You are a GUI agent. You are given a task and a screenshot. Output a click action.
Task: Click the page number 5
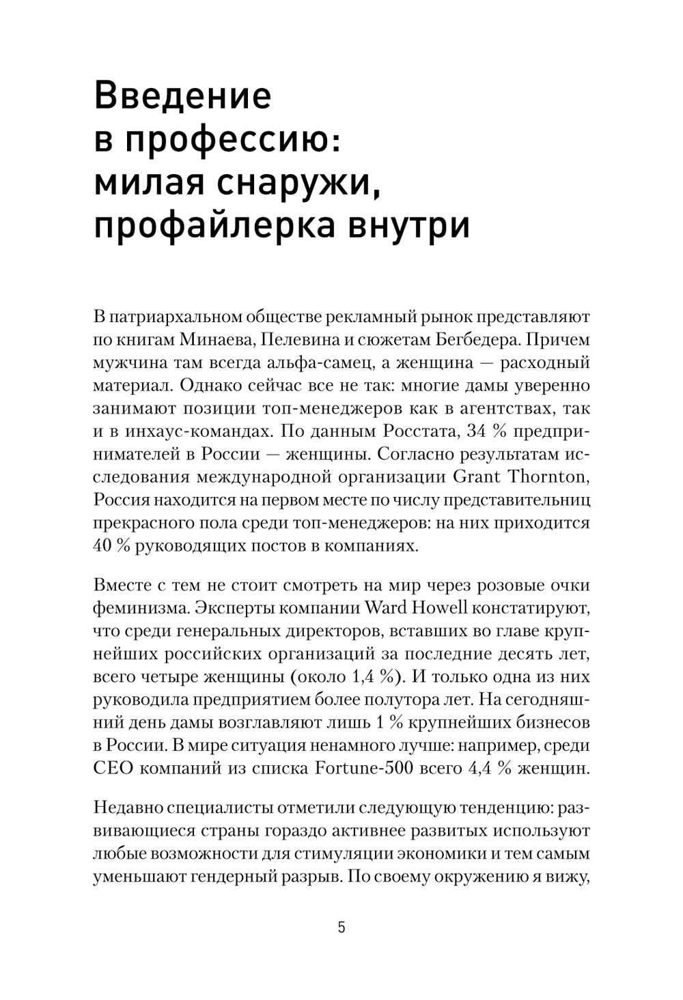point(341,928)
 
